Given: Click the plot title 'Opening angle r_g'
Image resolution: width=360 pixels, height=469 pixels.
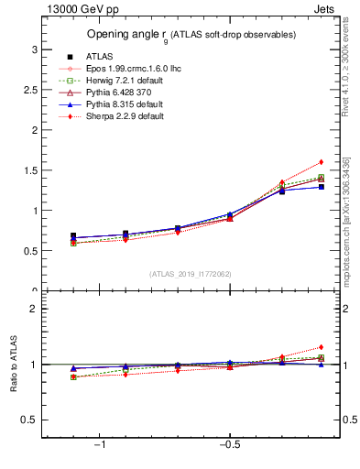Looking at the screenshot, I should [191, 35].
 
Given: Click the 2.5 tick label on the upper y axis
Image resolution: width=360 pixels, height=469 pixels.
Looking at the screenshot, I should [30, 90].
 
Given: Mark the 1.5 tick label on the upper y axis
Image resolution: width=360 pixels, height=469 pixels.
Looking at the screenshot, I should [30, 170].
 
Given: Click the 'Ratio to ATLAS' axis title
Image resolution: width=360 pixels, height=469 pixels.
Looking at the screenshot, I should [14, 364].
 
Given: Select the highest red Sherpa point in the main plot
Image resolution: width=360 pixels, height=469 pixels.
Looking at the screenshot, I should [320, 162].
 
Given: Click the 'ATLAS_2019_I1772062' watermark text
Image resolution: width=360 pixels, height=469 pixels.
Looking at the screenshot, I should [191, 274].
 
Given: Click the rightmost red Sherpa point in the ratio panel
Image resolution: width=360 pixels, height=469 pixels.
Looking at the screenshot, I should [320, 347].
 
